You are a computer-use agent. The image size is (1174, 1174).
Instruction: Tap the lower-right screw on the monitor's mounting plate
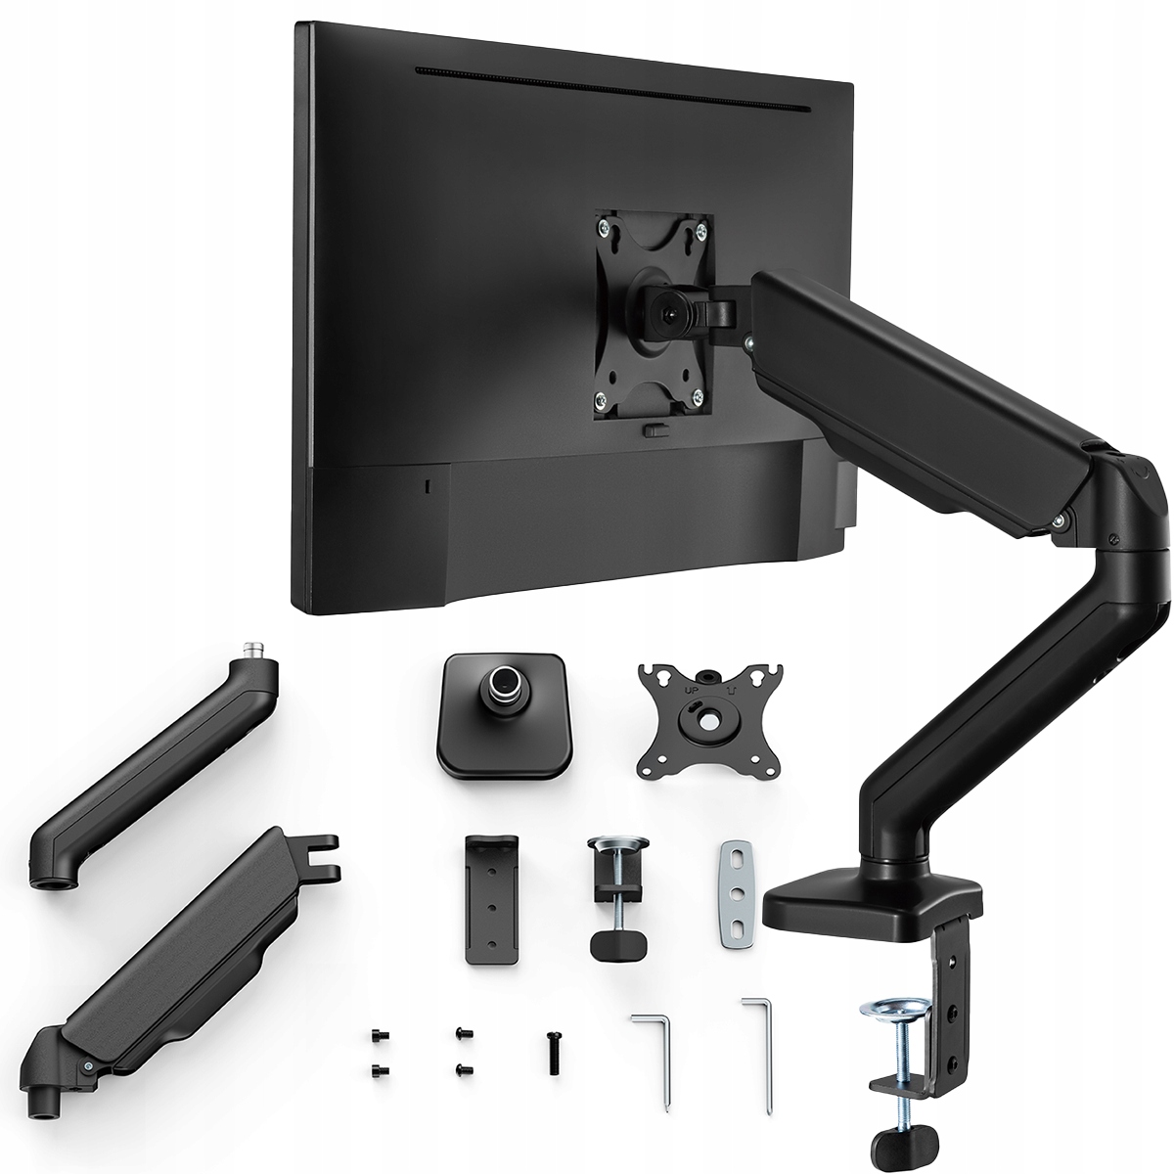click(697, 395)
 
